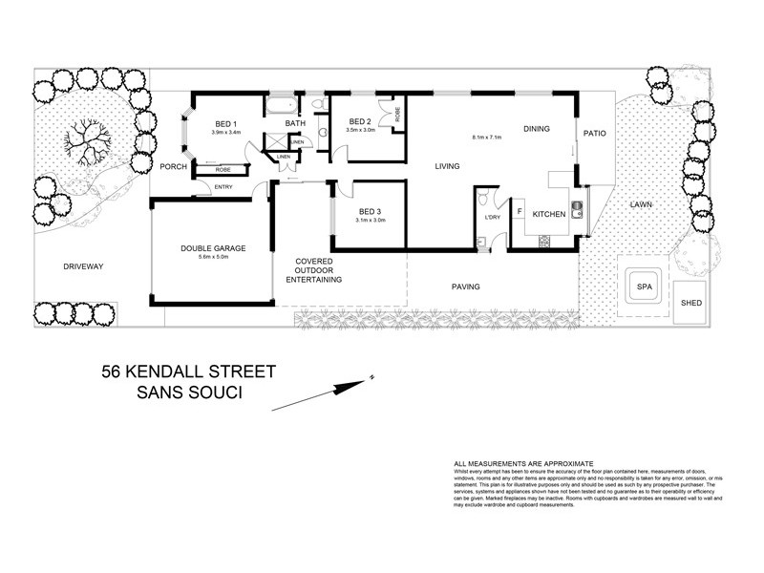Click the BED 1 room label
225,124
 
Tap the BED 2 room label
360,121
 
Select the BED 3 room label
371,211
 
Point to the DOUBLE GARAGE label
213,248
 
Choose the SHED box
690,303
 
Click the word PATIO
595,133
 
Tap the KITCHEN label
549,213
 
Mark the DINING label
537,128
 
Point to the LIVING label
447,166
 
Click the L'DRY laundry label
493,218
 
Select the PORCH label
173,167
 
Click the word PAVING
465,286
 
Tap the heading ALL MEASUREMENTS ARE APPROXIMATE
523,461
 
